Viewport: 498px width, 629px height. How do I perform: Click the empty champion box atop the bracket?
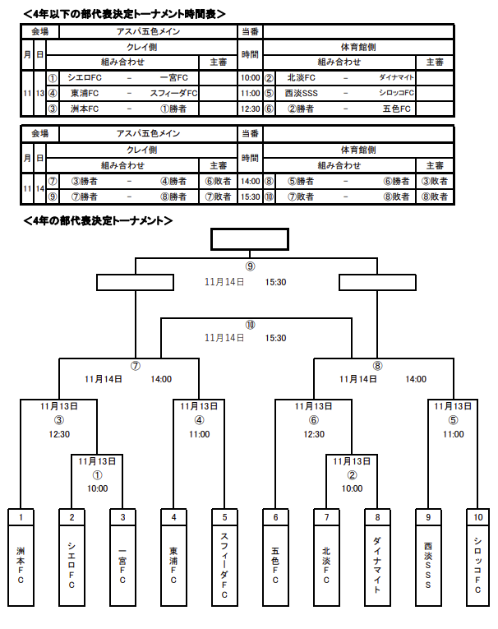(x=250, y=238)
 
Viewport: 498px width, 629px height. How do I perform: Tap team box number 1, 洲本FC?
(x=21, y=558)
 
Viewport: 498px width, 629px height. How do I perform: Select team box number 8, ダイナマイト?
(x=377, y=558)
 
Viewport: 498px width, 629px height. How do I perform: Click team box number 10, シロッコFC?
(x=478, y=558)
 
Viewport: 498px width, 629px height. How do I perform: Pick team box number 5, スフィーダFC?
(x=224, y=558)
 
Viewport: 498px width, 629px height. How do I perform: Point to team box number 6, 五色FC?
(x=275, y=558)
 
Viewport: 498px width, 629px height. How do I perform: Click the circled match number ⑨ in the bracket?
(x=250, y=266)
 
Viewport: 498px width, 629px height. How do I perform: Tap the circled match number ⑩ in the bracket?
(x=250, y=324)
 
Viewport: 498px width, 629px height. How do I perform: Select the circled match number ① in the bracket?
(x=97, y=474)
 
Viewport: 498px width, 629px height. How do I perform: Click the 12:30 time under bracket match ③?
(x=58, y=434)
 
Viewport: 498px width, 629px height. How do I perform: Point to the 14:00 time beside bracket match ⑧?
(x=416, y=379)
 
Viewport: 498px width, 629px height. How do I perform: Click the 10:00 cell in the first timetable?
(x=250, y=78)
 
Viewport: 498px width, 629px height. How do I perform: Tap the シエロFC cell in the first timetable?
(x=84, y=78)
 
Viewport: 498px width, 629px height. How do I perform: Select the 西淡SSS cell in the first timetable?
(x=302, y=93)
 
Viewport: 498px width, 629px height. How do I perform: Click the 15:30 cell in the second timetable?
(x=250, y=197)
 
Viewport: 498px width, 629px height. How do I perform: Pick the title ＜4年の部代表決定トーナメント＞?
(x=98, y=220)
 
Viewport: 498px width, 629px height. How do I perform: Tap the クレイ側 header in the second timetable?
(x=141, y=150)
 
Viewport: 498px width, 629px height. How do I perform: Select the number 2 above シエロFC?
(x=72, y=517)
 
